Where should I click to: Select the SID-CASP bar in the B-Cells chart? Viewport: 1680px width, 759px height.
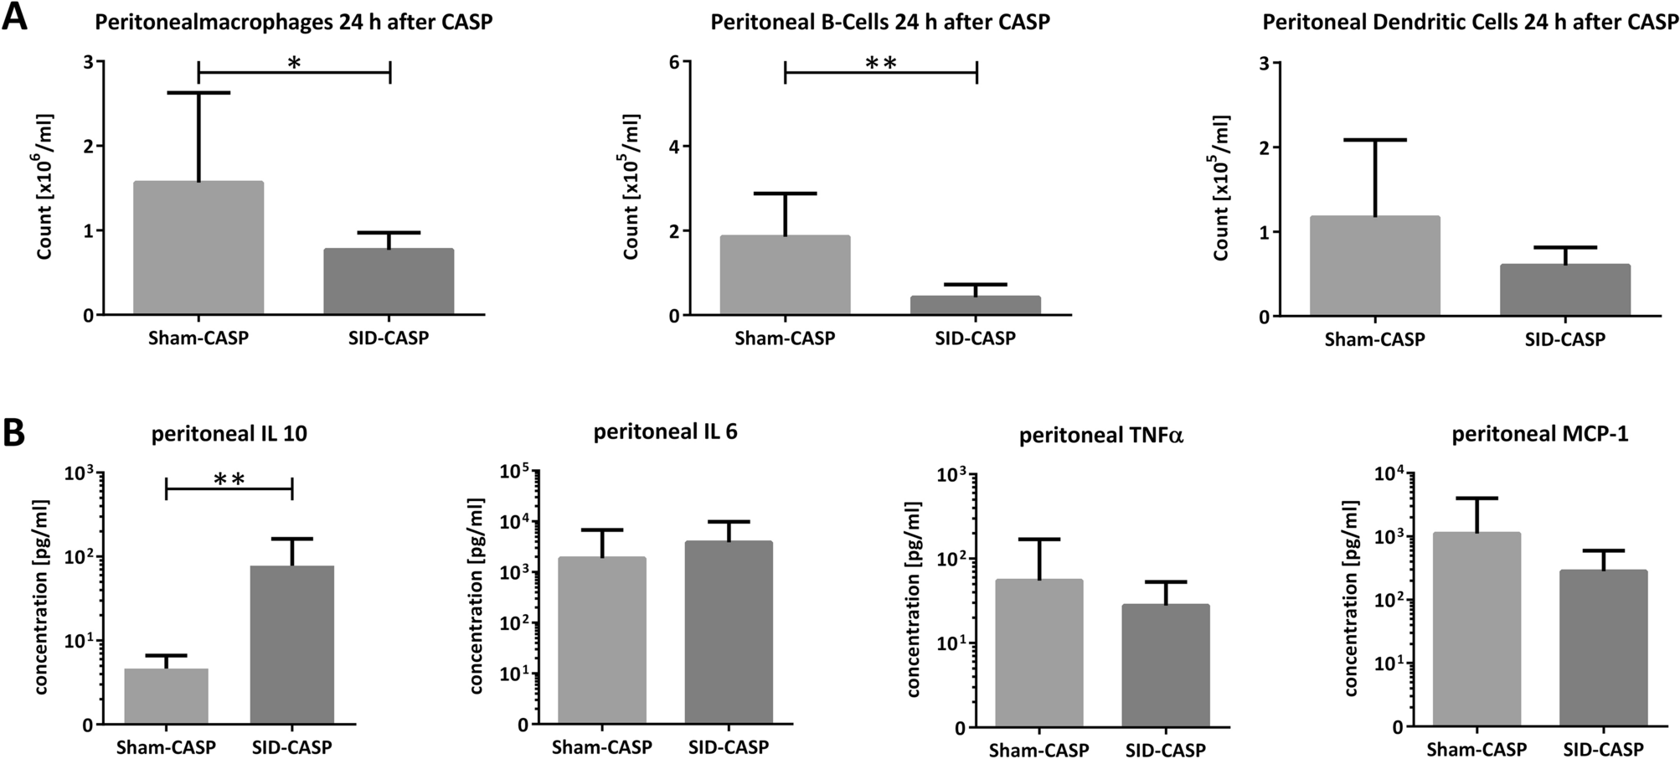(977, 306)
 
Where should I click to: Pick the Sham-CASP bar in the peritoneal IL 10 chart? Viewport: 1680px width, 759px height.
(166, 696)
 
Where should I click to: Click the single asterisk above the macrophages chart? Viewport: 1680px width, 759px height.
(294, 64)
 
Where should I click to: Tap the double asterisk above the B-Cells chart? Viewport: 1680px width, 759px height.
(881, 64)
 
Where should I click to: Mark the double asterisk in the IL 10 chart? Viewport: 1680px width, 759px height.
(229, 479)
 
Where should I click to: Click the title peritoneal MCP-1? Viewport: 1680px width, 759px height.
(1539, 435)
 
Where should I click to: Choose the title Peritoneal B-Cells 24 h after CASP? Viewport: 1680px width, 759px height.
(880, 22)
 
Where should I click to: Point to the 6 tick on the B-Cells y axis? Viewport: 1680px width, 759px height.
(672, 62)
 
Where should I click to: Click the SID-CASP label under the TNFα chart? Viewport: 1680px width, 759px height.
(1165, 749)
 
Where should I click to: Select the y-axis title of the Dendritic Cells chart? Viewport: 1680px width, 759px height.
(1222, 188)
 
